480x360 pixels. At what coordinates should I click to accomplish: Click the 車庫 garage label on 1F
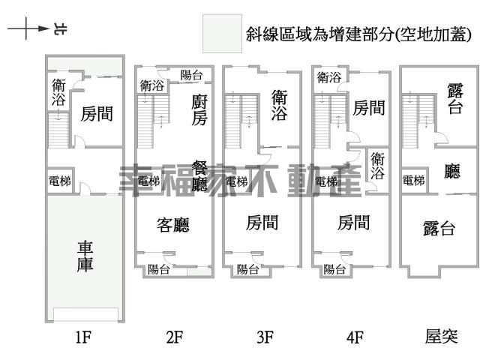(85, 255)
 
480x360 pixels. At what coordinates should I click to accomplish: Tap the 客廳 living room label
(172, 224)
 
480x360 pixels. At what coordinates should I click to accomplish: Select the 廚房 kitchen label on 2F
(199, 109)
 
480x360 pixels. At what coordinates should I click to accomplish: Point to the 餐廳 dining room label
(199, 175)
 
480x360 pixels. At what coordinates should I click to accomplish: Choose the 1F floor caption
(83, 337)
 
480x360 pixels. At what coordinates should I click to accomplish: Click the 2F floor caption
(174, 337)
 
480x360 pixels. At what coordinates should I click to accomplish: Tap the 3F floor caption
(264, 337)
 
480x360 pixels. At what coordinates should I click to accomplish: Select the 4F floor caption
(355, 337)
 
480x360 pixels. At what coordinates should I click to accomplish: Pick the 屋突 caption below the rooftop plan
(441, 337)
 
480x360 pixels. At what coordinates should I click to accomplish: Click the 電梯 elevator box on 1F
(60, 181)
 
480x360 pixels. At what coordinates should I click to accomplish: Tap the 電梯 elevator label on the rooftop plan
(413, 181)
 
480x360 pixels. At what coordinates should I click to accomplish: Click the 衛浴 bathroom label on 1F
(58, 91)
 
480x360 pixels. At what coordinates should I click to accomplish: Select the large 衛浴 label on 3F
(279, 105)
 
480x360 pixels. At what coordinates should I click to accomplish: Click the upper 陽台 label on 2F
(191, 75)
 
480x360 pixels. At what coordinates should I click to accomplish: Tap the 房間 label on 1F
(97, 114)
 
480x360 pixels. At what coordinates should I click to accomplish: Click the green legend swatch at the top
(222, 33)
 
